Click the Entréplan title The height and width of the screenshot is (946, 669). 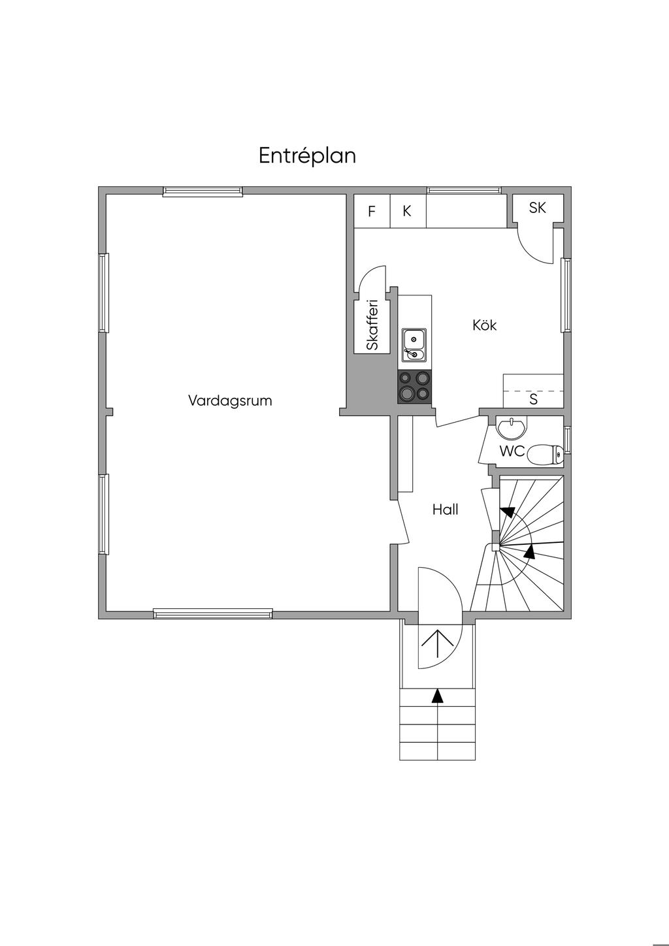click(x=307, y=156)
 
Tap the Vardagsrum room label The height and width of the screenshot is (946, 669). click(x=230, y=400)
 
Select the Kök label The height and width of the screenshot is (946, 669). click(x=484, y=325)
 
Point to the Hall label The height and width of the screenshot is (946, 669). click(x=445, y=510)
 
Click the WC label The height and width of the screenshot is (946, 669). click(x=512, y=451)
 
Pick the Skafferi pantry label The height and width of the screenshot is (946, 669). click(x=372, y=324)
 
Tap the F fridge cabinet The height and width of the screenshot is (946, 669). click(x=372, y=211)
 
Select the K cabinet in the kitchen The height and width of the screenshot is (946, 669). click(x=408, y=211)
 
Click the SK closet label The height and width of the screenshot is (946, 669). click(x=537, y=207)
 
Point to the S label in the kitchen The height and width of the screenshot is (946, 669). click(x=533, y=399)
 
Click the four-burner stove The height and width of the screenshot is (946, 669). click(x=414, y=386)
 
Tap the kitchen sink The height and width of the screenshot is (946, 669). click(x=414, y=345)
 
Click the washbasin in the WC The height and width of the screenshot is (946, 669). click(x=512, y=427)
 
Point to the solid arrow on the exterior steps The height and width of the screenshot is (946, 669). click(x=438, y=696)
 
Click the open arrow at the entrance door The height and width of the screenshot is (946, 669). click(x=437, y=644)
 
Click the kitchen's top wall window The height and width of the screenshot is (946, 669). click(x=463, y=191)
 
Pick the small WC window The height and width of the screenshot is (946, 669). click(x=567, y=440)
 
